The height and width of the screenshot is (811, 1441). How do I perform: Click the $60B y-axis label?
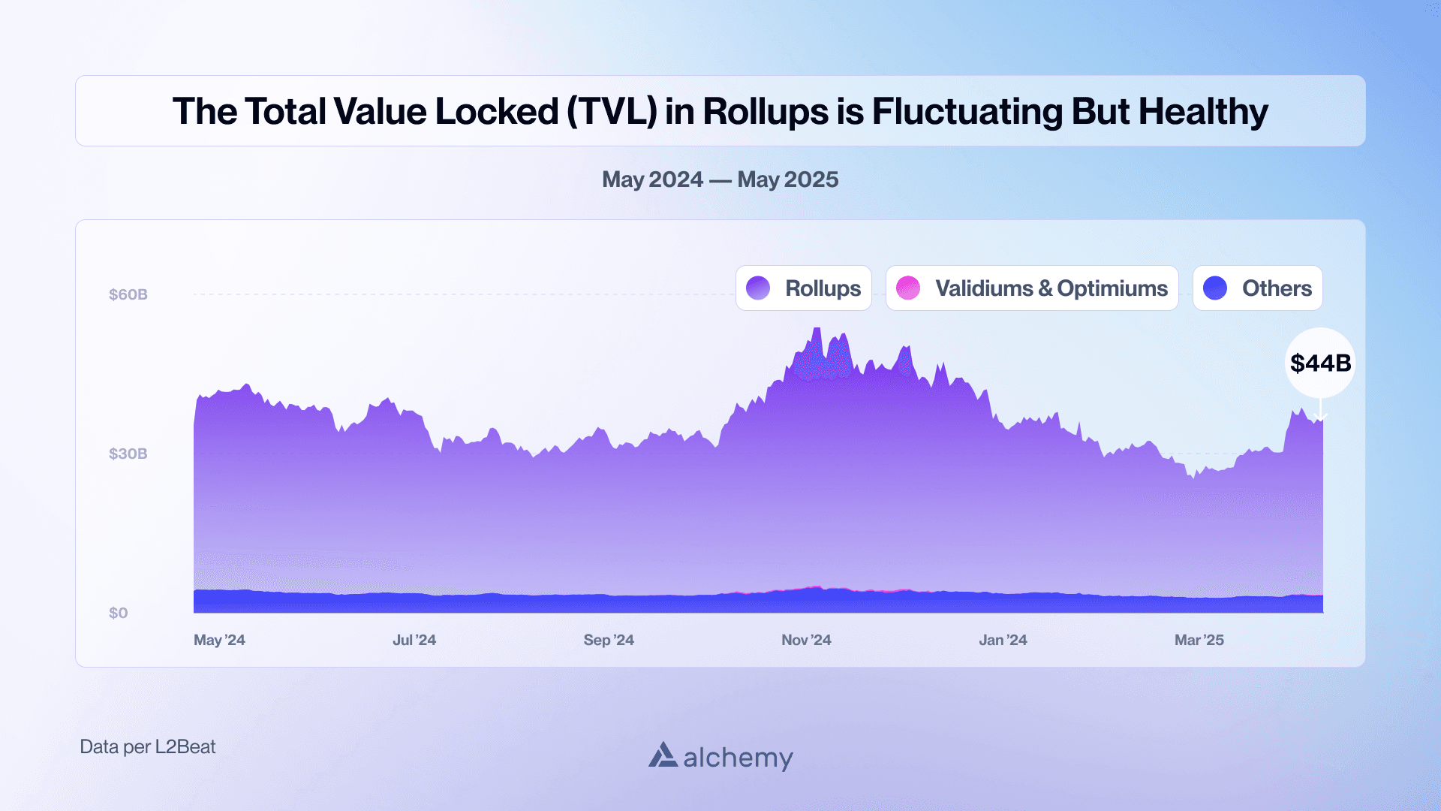[x=128, y=294]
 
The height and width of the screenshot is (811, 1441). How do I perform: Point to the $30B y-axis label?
[x=128, y=454]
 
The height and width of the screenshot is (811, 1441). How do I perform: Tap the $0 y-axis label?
[x=119, y=613]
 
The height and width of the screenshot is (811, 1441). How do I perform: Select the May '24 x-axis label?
[x=219, y=640]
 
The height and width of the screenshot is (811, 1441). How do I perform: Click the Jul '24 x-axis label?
[x=414, y=640]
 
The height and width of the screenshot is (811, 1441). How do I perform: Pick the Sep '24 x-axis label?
[x=609, y=640]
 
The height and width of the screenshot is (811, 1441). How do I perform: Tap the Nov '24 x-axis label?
[x=806, y=640]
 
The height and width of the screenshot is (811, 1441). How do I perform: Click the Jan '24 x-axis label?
[x=1003, y=640]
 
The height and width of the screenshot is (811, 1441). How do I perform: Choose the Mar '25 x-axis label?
[x=1199, y=640]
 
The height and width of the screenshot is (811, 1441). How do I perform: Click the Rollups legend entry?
[x=804, y=288]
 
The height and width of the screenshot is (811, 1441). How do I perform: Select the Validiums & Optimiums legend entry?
[x=1032, y=288]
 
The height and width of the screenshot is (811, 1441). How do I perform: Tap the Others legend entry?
[x=1258, y=288]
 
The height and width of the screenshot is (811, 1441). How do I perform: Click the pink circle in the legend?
[x=908, y=288]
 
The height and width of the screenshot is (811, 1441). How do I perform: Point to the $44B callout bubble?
[x=1320, y=363]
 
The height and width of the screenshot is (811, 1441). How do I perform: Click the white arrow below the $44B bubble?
[x=1320, y=411]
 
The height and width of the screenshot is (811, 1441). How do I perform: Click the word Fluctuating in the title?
[x=966, y=111]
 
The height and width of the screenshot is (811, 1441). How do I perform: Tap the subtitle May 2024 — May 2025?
[x=720, y=179]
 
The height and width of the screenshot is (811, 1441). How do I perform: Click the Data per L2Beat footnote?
[x=148, y=746]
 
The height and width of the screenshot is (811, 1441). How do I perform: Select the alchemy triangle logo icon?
[x=663, y=755]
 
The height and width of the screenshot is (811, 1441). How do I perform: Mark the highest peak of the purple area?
[x=817, y=329]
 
